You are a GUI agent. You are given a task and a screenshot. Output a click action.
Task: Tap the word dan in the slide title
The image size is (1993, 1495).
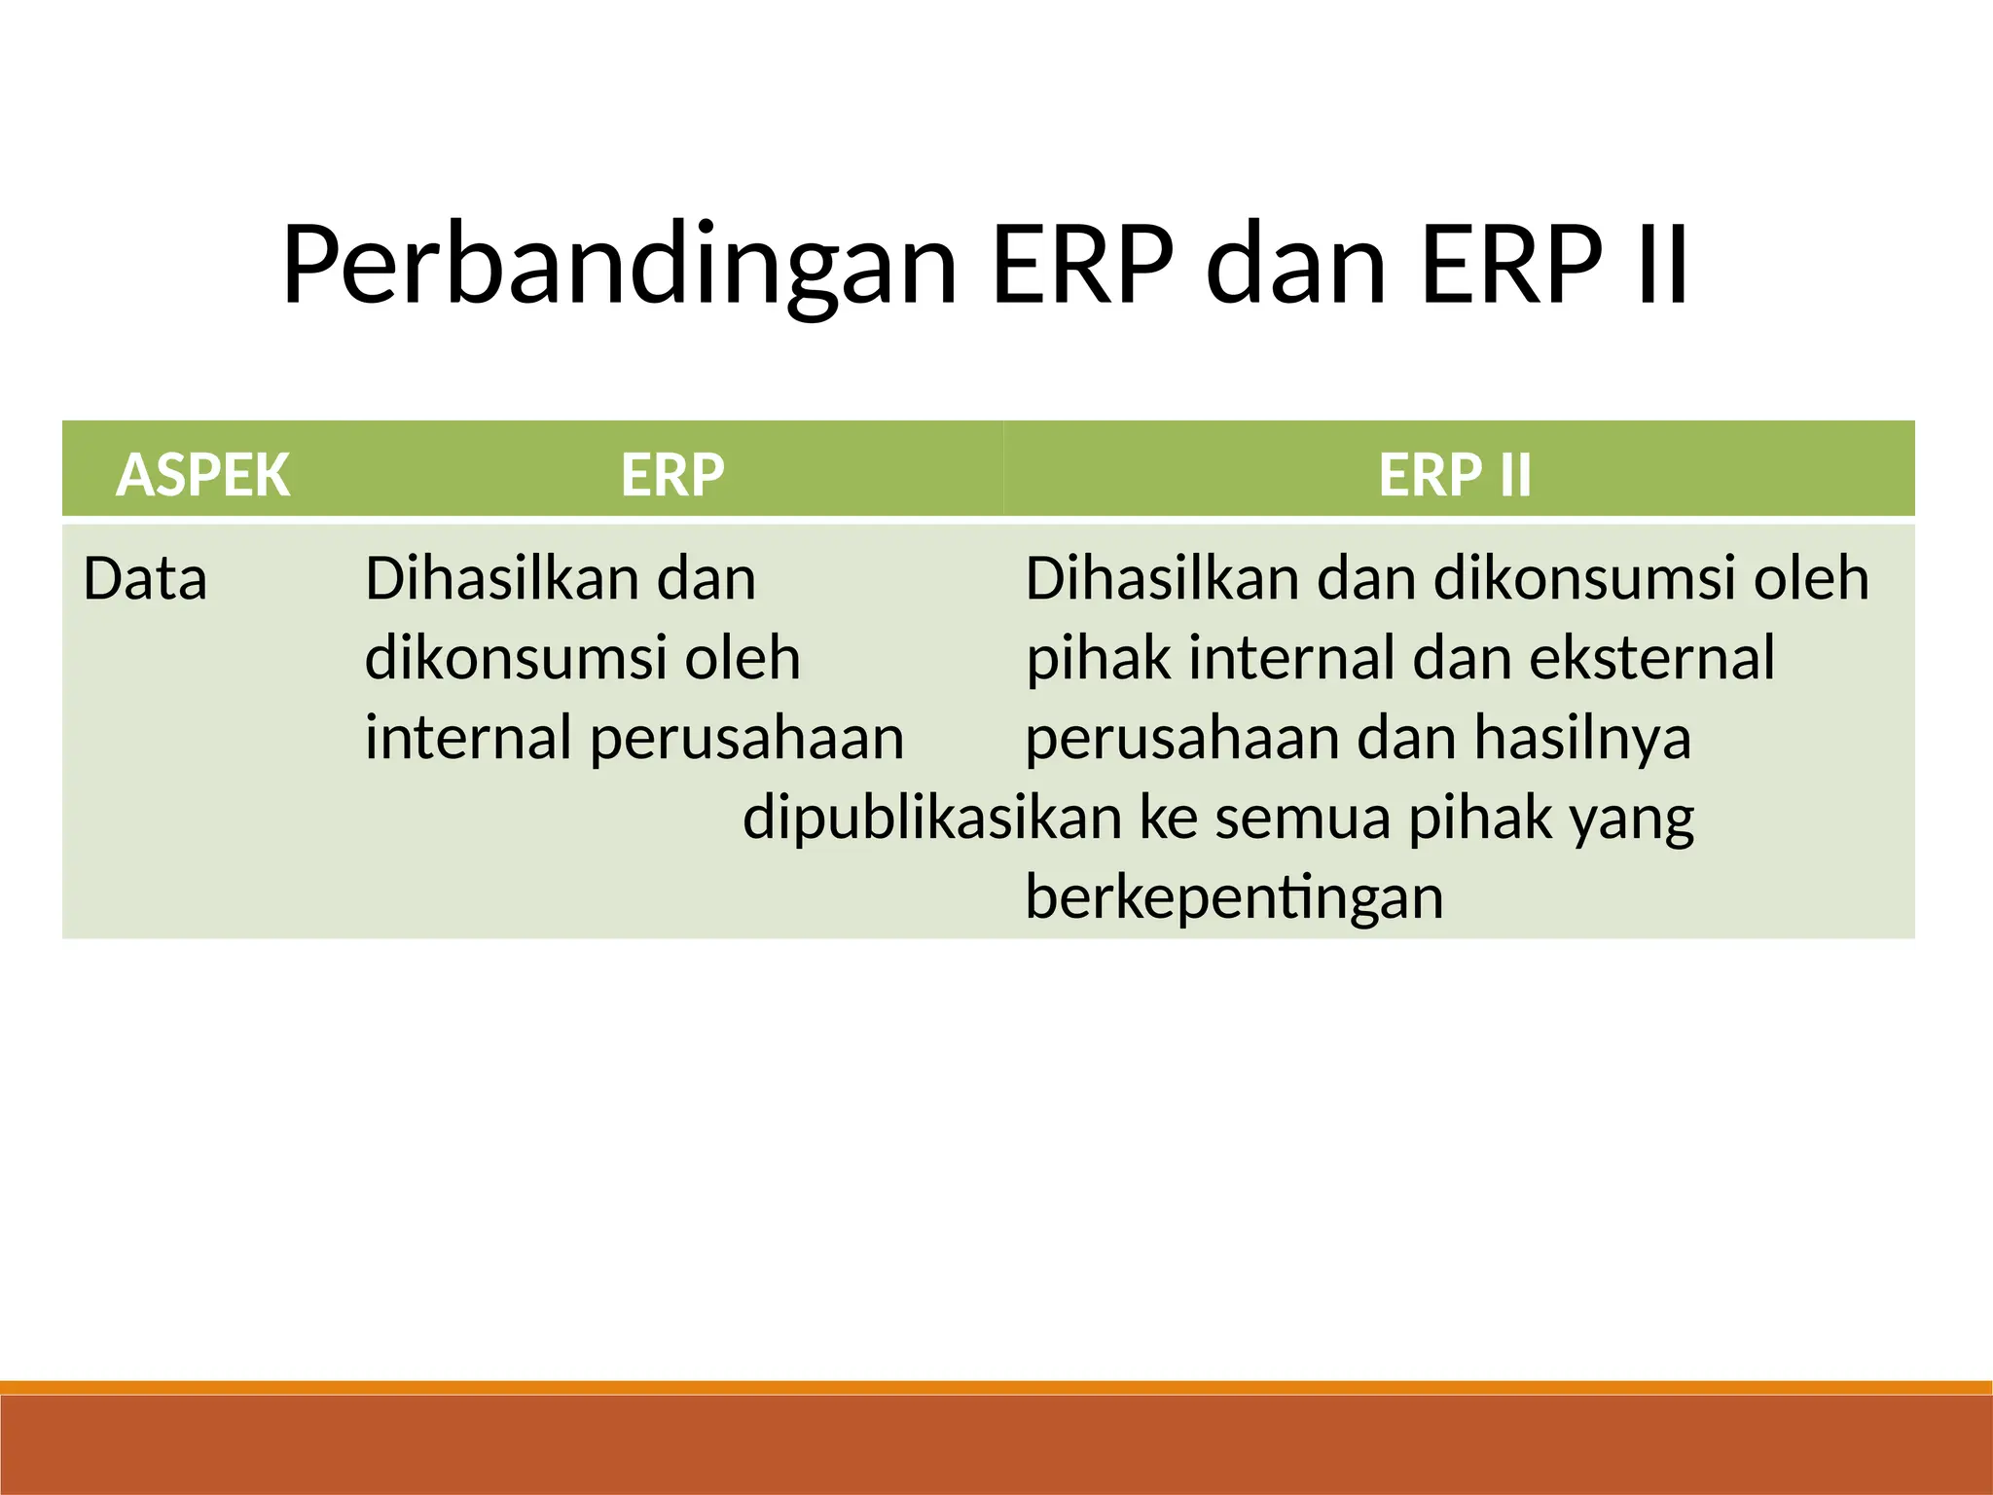[x=1295, y=265]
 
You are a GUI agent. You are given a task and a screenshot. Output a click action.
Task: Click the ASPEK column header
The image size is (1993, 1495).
[x=202, y=475]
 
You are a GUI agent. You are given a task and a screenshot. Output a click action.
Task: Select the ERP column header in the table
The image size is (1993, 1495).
[x=672, y=475]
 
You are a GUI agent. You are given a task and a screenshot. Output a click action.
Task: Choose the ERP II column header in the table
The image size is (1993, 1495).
[x=1455, y=475]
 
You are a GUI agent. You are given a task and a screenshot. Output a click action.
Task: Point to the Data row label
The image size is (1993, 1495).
[x=145, y=579]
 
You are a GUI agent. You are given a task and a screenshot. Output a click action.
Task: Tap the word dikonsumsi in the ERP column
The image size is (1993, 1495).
[x=516, y=658]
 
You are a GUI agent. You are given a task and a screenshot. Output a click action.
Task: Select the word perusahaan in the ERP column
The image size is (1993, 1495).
[x=747, y=738]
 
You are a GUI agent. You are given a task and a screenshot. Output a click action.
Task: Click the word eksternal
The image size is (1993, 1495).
[x=1651, y=658]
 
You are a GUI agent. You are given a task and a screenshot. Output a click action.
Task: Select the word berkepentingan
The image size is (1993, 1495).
[x=1234, y=897]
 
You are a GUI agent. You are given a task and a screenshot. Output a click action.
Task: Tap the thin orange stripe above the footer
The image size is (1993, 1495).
[x=996, y=1387]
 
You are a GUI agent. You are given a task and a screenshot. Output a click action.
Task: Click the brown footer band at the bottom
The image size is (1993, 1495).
[x=996, y=1446]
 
